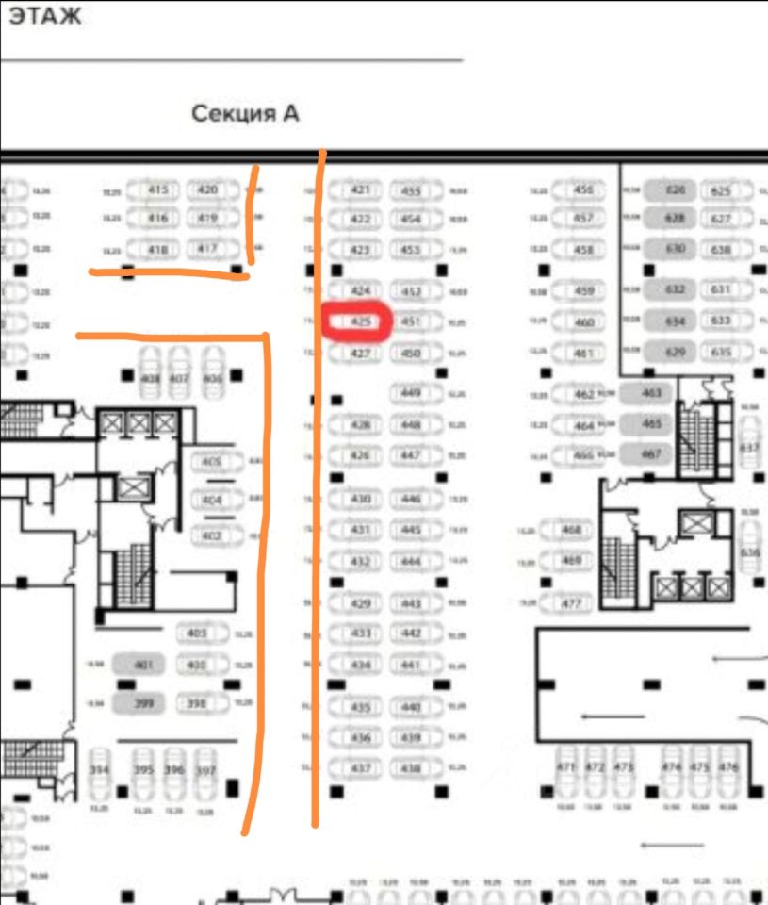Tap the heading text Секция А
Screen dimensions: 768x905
245,114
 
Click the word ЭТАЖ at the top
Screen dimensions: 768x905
45,17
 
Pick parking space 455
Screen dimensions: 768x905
411,191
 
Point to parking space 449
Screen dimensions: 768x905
411,392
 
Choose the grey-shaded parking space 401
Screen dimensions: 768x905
143,666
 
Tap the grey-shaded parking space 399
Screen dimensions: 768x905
143,703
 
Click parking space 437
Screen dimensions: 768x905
361,769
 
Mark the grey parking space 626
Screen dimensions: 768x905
675,190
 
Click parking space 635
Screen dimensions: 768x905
723,353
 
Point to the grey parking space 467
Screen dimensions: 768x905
650,453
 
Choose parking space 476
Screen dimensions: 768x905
727,768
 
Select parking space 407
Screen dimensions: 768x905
179,379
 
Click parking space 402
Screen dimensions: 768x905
212,536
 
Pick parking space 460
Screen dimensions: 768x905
584,322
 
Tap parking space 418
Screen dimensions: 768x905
157,250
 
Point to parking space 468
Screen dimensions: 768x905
571,531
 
